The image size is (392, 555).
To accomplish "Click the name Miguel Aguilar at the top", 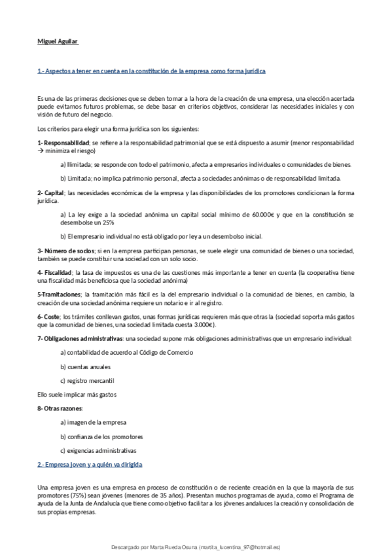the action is coord(58,43).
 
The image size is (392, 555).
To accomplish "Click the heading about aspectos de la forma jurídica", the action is coord(151,69).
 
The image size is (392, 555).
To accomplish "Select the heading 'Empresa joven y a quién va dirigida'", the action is coord(90,464).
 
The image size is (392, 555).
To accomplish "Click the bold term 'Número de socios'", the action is coord(67,251).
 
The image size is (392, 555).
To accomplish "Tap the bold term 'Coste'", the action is coord(50,317).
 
